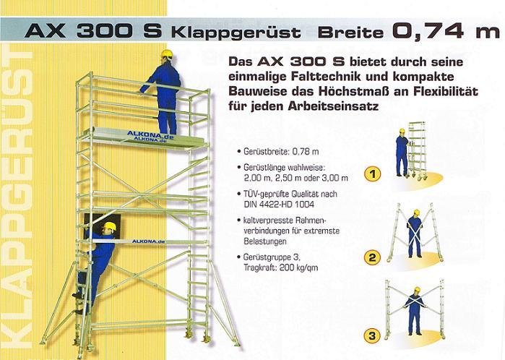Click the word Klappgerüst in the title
pyautogui.click(x=236, y=33)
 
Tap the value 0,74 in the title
pyautogui.click(x=428, y=30)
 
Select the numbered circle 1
pyautogui.click(x=372, y=174)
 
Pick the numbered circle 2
pyautogui.click(x=372, y=257)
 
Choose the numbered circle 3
pyautogui.click(x=372, y=336)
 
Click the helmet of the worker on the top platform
pyautogui.click(x=167, y=53)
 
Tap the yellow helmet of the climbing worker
pyautogui.click(x=109, y=226)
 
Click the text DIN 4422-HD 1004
pyautogui.click(x=279, y=205)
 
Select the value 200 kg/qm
pyautogui.click(x=298, y=267)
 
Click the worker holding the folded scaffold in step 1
pyautogui.click(x=402, y=153)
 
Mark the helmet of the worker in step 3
pyautogui.click(x=418, y=290)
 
